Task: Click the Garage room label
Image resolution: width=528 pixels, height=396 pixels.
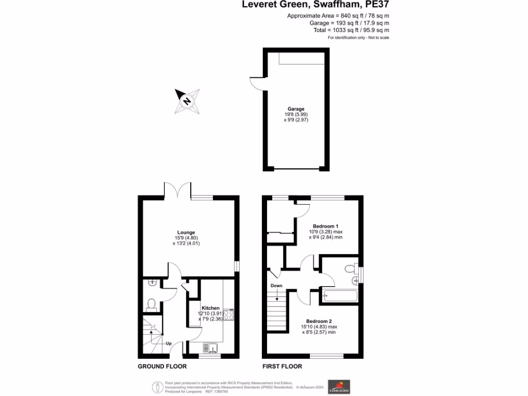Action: (x=295, y=109)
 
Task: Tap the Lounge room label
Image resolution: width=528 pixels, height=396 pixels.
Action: (x=186, y=232)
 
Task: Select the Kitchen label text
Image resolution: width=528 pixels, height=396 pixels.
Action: (x=210, y=307)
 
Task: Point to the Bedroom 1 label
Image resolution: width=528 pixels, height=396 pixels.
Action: (x=325, y=226)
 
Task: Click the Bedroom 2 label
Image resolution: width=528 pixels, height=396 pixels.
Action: (x=319, y=320)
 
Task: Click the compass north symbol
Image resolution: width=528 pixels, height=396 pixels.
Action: (x=187, y=101)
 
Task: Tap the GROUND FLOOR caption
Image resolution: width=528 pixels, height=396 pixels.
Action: (x=162, y=366)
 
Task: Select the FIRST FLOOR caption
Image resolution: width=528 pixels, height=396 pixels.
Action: (x=282, y=366)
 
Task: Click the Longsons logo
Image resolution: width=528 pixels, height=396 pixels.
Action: (x=339, y=386)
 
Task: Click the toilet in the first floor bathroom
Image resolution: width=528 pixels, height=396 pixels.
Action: (x=350, y=268)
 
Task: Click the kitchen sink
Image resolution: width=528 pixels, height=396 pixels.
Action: (x=210, y=348)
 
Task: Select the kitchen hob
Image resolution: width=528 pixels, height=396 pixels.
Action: (x=229, y=316)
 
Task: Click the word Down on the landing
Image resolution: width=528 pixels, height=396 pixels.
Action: (x=276, y=285)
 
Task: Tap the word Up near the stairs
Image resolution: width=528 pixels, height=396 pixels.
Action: (x=169, y=343)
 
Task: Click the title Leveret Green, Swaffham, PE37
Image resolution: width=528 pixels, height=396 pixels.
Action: (x=316, y=5)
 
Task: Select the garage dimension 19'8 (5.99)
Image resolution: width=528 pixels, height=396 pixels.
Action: (x=295, y=114)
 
